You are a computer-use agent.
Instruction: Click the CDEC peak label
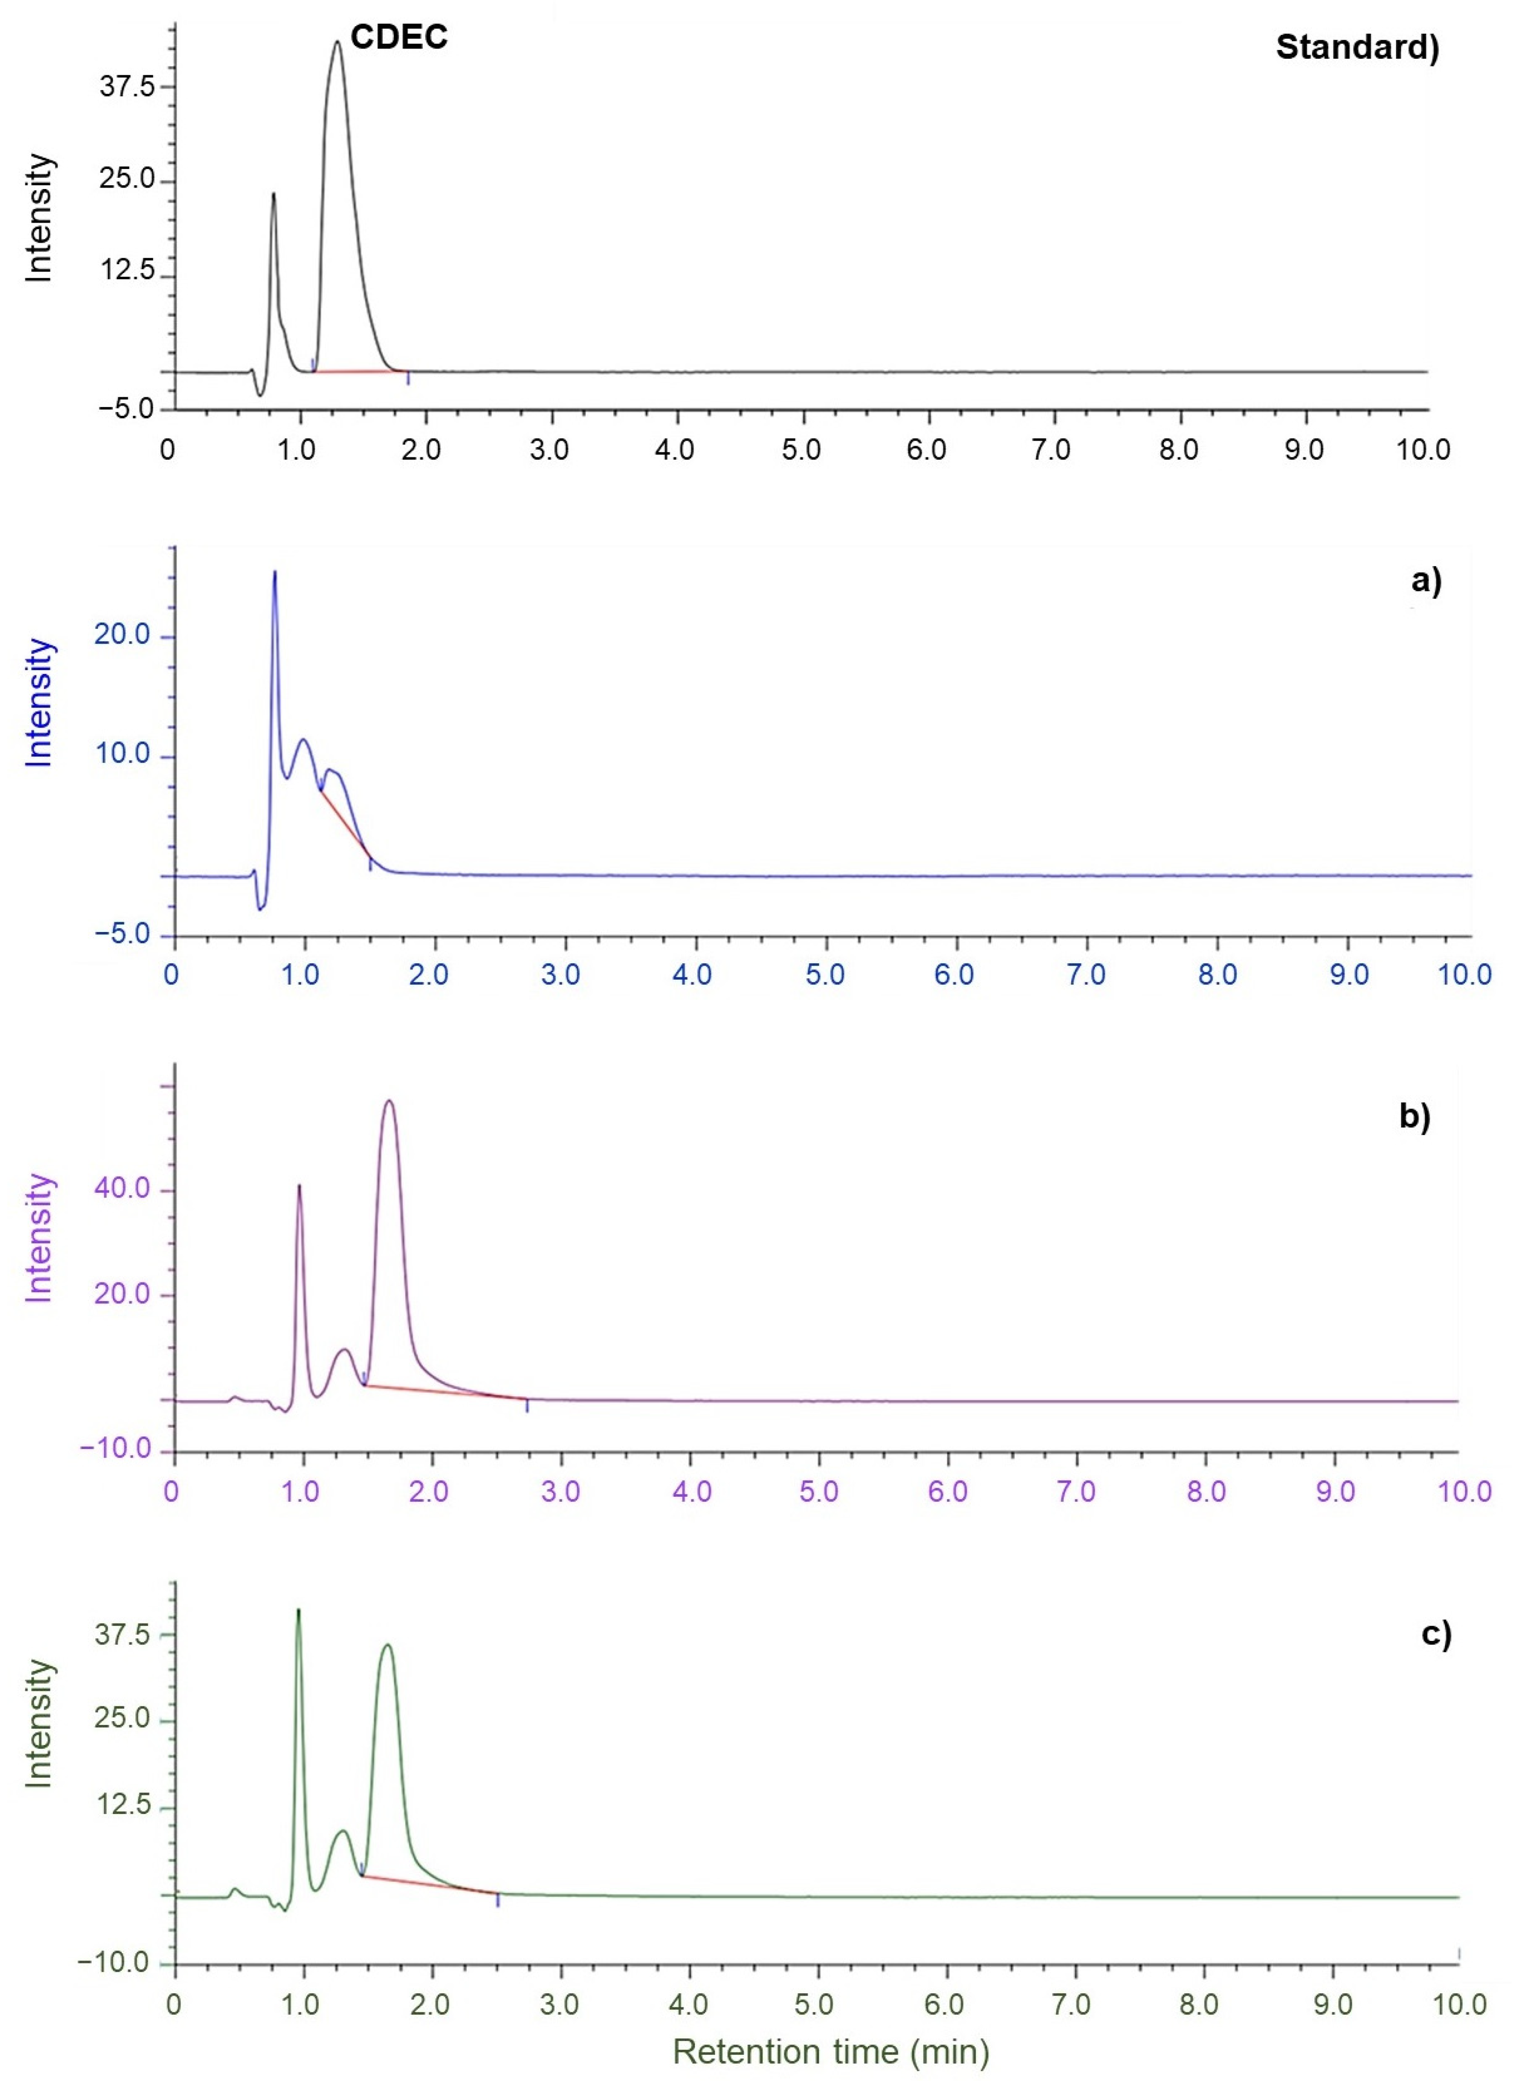click(x=399, y=37)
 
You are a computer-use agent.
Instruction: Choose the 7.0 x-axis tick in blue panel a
click(x=1086, y=974)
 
